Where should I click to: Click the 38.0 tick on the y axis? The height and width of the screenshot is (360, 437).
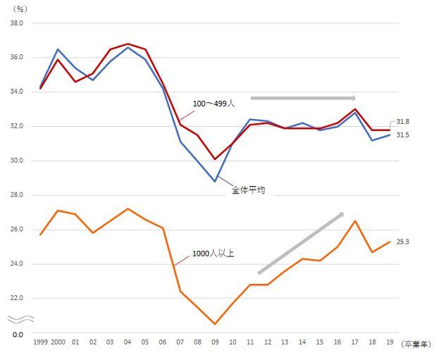(x=16, y=23)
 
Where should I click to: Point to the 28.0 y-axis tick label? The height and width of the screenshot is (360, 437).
(x=16, y=195)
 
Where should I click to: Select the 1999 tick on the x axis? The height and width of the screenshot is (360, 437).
(x=40, y=344)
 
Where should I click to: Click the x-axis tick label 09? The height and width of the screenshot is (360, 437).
(x=215, y=344)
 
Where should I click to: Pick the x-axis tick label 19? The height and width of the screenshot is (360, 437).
(x=390, y=344)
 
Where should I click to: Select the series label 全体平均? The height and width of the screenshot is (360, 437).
(x=248, y=190)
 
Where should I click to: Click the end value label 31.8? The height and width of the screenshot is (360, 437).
(x=402, y=122)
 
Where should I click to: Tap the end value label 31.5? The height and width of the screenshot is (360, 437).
(x=402, y=135)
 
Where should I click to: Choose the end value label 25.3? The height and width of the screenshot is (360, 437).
(x=402, y=242)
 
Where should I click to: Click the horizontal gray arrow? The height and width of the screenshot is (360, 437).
(x=304, y=98)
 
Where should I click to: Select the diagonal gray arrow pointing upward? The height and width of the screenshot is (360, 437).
(x=301, y=242)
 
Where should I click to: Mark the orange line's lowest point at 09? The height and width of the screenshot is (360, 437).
(x=215, y=324)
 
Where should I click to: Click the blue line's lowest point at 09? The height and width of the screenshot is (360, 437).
(x=215, y=182)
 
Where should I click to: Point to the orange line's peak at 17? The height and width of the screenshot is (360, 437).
(x=355, y=221)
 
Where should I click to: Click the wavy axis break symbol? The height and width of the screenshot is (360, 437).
(x=17, y=318)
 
